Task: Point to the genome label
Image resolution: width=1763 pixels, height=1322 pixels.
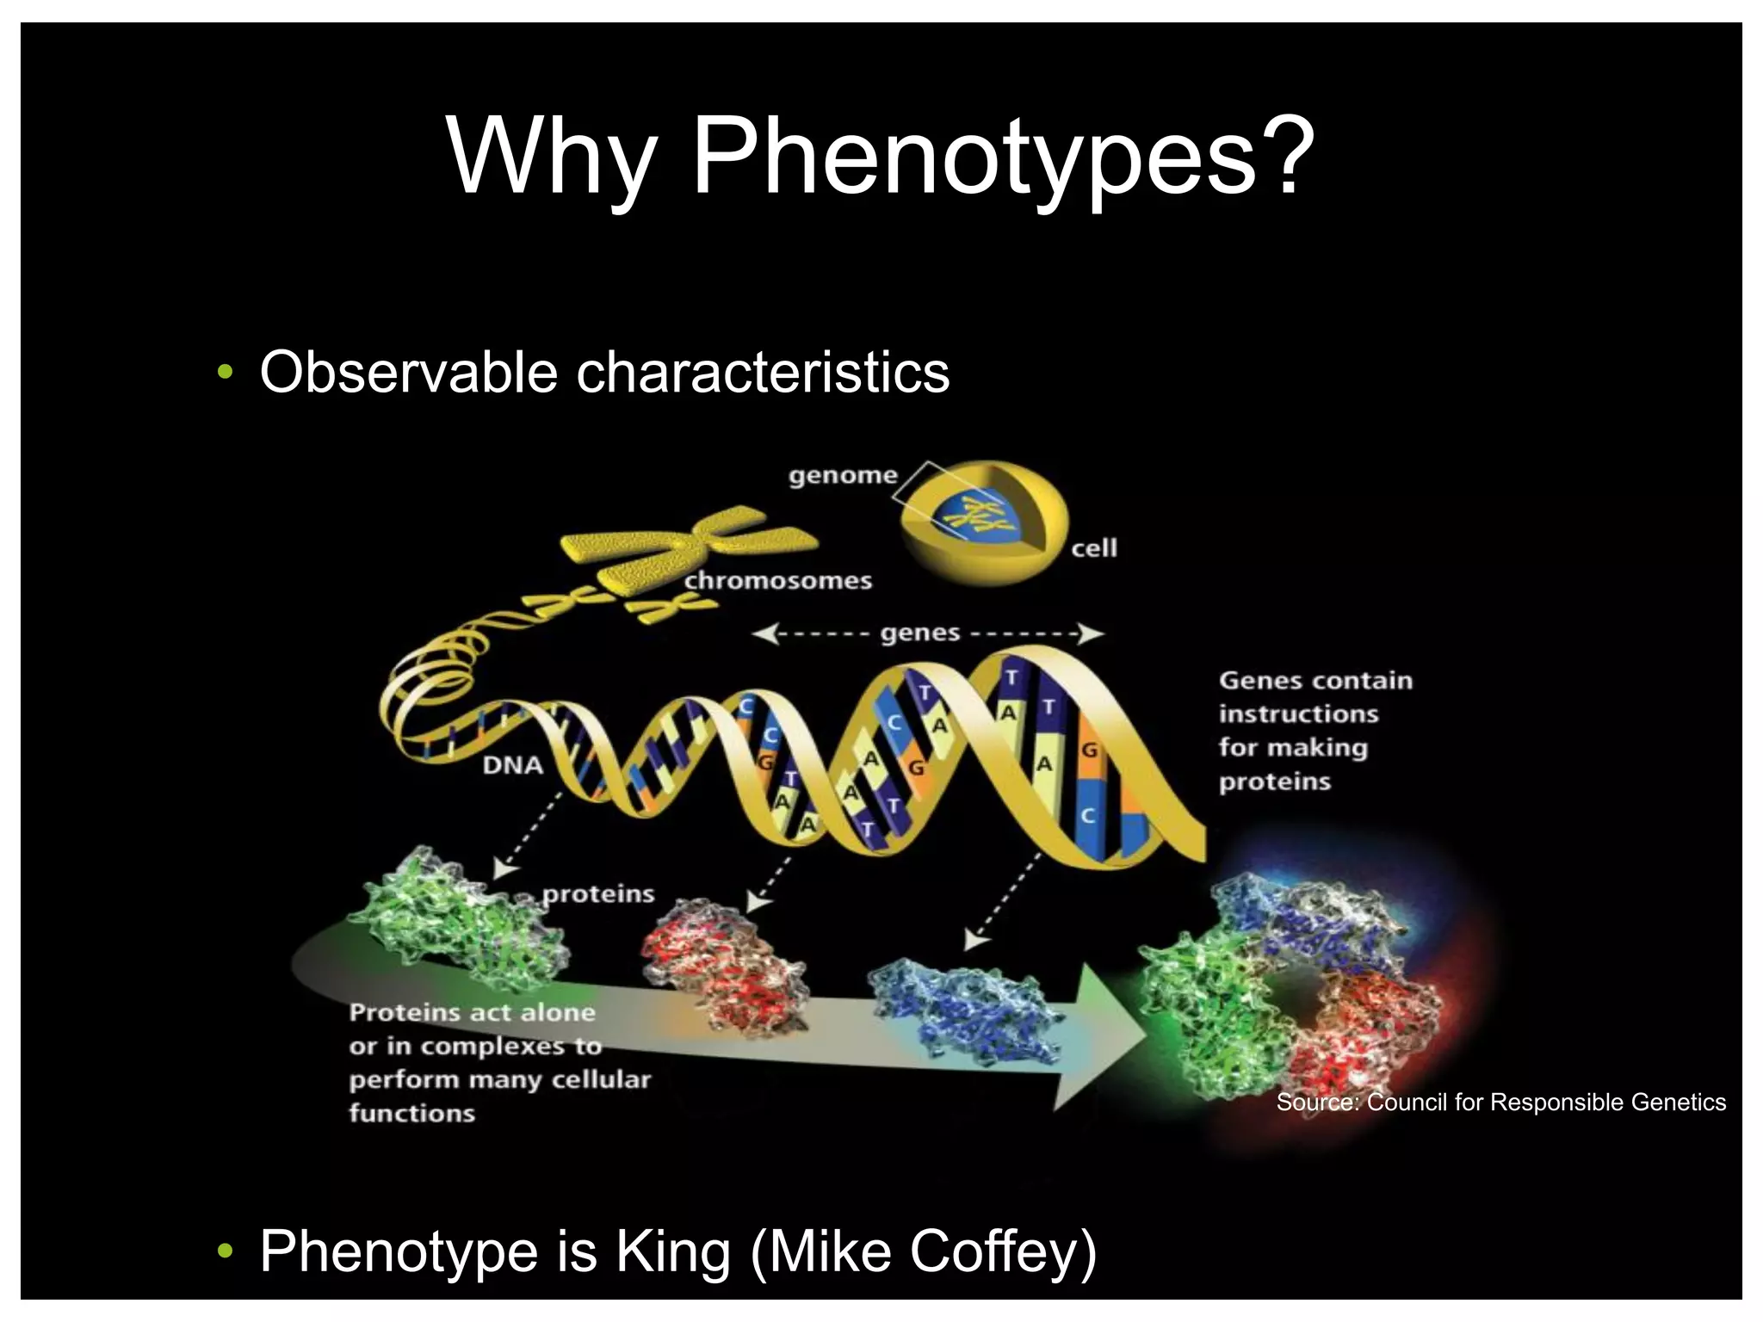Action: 843,476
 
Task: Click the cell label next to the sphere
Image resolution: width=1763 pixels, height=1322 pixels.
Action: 1094,548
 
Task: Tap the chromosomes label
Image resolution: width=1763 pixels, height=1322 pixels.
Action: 778,581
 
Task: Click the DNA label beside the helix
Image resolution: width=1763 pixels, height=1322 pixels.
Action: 513,765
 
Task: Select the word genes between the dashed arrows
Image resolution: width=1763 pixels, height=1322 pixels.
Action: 919,633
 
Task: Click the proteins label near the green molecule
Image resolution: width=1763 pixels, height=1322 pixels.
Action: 598,894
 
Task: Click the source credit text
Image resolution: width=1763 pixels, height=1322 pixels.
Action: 1500,1103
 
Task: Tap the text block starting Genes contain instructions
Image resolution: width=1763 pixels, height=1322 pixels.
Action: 1315,731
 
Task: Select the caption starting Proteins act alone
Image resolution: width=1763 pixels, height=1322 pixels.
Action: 499,1063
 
